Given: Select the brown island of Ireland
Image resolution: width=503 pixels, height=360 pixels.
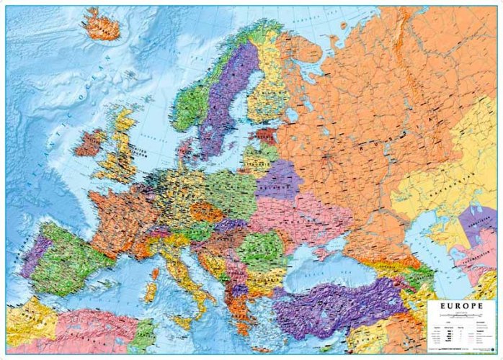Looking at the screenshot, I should pos(89,143).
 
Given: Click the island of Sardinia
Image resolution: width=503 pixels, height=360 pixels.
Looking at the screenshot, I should pos(151,292).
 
